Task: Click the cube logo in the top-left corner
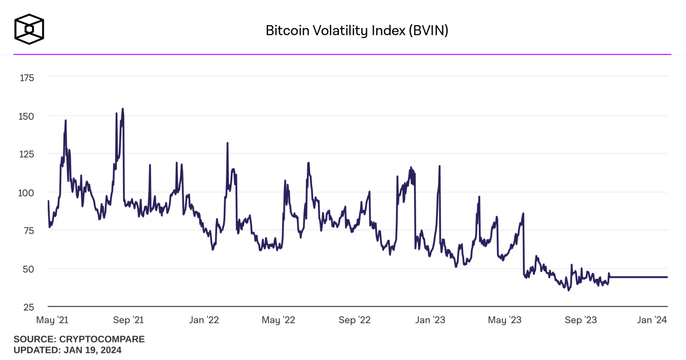click(x=29, y=29)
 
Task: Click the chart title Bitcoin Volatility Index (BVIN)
click(x=357, y=30)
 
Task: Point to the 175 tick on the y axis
click(x=27, y=78)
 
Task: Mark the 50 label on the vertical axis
click(x=28, y=269)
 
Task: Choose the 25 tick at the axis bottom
click(x=28, y=307)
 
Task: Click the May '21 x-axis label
click(x=52, y=320)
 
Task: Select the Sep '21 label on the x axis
click(x=128, y=320)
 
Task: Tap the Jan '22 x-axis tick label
click(x=204, y=320)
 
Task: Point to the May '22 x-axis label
click(x=278, y=320)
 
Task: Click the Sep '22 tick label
click(x=355, y=320)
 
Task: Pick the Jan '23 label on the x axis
click(x=430, y=320)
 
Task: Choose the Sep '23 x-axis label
click(x=581, y=320)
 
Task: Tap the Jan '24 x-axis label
click(x=652, y=320)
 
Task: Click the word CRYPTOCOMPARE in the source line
click(x=102, y=339)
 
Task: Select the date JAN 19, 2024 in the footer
click(x=92, y=350)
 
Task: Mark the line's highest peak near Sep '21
click(x=122, y=109)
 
